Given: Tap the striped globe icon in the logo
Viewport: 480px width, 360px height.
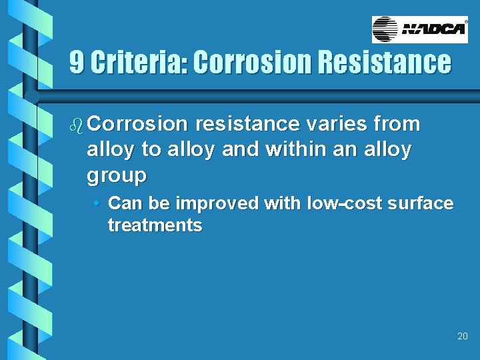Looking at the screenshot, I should [x=385, y=29].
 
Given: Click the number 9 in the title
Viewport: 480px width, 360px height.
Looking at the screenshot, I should [x=77, y=63].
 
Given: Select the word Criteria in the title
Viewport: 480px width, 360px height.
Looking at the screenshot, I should [x=139, y=63].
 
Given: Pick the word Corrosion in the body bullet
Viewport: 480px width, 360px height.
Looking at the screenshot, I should [x=137, y=124].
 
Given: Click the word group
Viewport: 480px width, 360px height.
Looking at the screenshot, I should [x=116, y=177].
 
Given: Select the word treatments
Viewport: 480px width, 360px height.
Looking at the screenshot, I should [x=155, y=225].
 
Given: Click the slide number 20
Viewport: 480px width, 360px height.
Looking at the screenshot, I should [x=463, y=337].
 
